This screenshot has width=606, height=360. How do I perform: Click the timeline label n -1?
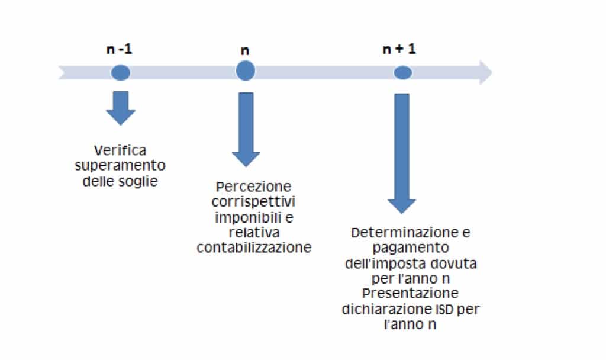pos(119,49)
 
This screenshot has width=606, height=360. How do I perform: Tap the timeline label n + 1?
pos(399,49)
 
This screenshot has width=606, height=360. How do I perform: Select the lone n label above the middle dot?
pos(245,51)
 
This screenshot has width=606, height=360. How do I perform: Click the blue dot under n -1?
pos(121,73)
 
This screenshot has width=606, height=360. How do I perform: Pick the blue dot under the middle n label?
pos(246,71)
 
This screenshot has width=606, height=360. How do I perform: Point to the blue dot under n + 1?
pos(402,73)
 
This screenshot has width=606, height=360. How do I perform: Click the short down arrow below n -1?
pos(121,108)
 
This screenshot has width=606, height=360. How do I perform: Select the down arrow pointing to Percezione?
pos(246,130)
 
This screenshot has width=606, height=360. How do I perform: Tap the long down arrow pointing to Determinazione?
pos(402,153)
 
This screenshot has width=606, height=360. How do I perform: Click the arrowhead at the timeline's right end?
pos(486,72)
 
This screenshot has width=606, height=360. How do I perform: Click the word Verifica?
pos(120,150)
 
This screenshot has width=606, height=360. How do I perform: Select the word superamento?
pos(120,166)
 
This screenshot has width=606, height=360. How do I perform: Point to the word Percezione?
pos(253,187)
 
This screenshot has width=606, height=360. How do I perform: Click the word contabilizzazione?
pos(254,247)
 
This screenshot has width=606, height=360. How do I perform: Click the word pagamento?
pos(411,248)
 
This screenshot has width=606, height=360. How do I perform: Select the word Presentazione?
pos(411,294)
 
